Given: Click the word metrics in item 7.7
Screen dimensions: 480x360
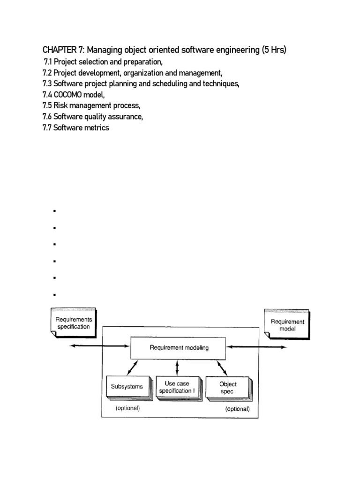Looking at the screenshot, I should coord(97,127).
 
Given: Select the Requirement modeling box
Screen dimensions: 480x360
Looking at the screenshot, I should coord(179,348).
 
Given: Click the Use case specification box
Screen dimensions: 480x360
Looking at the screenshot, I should coord(177,387).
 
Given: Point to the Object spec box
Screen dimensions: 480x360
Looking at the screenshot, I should coord(228,387).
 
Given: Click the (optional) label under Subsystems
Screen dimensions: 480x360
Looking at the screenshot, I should coord(127,408).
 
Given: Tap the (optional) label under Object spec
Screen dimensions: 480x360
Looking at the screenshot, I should coord(237,408).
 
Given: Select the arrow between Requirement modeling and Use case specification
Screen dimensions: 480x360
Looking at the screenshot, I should coord(177,367).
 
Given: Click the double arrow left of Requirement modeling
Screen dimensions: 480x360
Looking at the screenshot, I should coord(99,346).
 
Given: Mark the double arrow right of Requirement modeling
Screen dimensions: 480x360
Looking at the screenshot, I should coord(257,347).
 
